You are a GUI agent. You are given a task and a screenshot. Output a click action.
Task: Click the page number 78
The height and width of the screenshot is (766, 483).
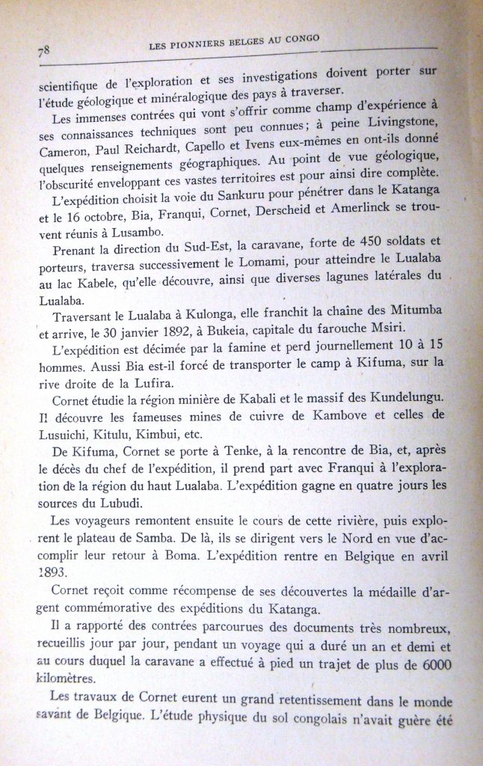[x=43, y=52]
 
